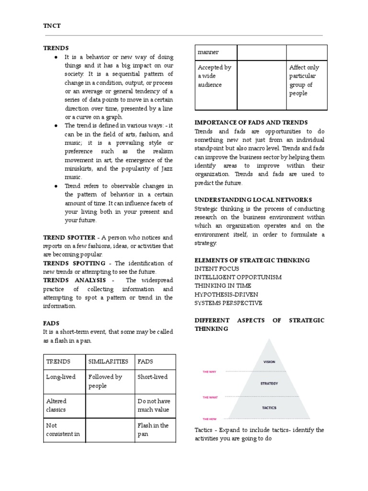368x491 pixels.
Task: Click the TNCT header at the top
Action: click(51, 26)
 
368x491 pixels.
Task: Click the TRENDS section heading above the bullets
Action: click(56, 48)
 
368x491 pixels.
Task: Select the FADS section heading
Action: click(51, 323)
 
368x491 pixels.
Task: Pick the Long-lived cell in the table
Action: click(60, 377)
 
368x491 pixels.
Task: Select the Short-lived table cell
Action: click(152, 377)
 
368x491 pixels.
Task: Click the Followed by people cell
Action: click(105, 381)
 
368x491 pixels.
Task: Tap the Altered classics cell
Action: click(57, 405)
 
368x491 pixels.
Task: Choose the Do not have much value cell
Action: click(153, 405)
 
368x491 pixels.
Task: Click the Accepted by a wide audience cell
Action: click(214, 76)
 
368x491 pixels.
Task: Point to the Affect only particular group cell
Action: click(304, 81)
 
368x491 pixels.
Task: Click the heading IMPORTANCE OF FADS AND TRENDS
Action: click(251, 122)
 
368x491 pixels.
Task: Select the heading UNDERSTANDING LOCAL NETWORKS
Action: click(253, 199)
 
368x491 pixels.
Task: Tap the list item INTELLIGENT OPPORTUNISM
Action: click(238, 277)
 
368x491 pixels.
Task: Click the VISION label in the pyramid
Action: click(269, 362)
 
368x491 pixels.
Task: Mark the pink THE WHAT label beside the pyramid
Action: click(212, 397)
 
